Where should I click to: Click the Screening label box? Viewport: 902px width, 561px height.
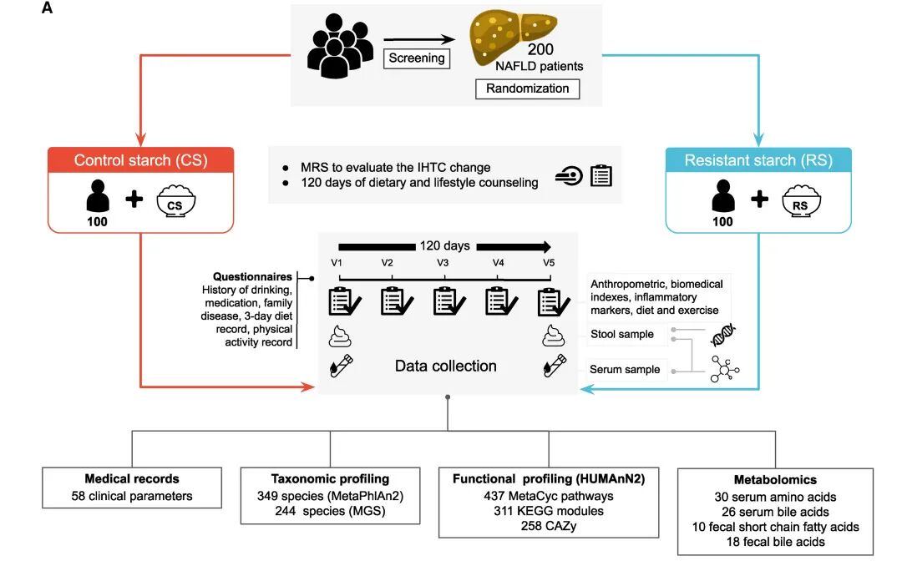coord(417,58)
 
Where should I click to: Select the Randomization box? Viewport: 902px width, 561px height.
coord(527,88)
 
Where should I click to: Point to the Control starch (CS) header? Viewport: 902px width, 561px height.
coord(141,160)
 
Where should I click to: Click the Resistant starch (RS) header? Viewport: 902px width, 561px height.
coord(758,160)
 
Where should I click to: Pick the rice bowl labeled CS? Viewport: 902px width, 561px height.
coord(176,200)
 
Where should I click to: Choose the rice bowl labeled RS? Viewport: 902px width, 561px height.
coord(801,200)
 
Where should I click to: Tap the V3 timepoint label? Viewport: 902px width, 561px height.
coord(443,263)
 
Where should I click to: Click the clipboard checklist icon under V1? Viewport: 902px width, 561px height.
coord(345,301)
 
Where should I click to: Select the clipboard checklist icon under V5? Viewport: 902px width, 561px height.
coord(554,301)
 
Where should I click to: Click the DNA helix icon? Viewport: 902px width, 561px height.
coord(723,335)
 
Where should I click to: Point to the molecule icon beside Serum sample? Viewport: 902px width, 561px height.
coord(724,369)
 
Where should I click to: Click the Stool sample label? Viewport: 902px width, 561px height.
coord(622,334)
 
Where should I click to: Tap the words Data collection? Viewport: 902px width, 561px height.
coord(445,366)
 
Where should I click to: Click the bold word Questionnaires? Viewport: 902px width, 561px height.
coord(252,276)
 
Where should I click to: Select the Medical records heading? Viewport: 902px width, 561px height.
coord(132,479)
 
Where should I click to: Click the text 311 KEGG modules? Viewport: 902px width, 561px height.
coord(549,510)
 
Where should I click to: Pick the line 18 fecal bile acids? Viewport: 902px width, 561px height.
coord(775,542)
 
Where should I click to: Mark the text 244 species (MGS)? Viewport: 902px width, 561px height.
coord(330,510)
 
